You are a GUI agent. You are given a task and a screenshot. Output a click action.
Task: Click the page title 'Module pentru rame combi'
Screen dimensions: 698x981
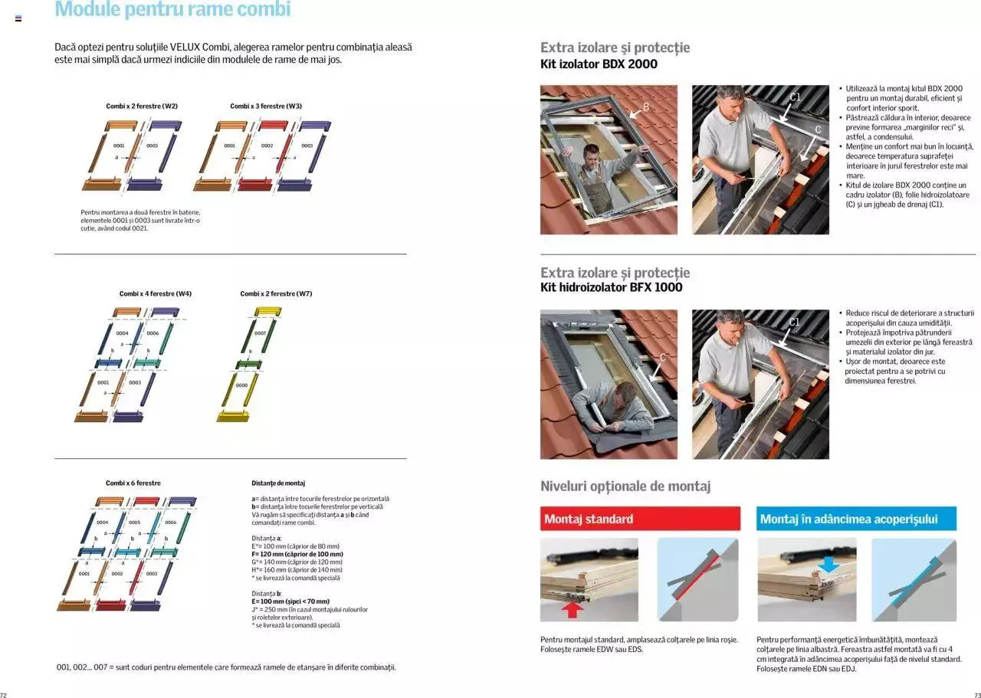point(172,10)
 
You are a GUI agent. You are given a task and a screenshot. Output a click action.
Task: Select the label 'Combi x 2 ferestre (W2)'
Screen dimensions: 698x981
point(142,106)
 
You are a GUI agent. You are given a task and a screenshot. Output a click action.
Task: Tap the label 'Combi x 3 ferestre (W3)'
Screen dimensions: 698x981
point(266,106)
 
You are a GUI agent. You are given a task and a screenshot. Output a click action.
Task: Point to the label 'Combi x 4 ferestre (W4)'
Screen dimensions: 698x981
point(156,293)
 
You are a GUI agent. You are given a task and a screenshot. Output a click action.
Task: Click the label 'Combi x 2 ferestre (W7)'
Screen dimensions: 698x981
point(276,293)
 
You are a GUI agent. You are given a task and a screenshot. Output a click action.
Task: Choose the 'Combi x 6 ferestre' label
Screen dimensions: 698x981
point(133,483)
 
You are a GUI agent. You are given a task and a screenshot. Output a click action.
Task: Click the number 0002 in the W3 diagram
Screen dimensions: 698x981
point(267,146)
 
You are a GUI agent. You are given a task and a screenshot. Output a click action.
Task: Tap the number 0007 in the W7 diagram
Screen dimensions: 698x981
point(261,333)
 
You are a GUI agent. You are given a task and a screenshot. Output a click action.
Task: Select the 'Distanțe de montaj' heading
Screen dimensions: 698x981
point(278,483)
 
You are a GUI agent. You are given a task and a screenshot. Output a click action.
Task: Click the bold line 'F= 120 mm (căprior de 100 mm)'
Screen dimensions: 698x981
point(297,554)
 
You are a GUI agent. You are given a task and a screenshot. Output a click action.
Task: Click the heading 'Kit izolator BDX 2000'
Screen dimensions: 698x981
point(599,64)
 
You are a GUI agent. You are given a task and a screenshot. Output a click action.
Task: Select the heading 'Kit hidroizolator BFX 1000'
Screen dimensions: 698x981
point(611,287)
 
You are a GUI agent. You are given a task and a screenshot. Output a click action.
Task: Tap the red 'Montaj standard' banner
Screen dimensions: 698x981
point(640,519)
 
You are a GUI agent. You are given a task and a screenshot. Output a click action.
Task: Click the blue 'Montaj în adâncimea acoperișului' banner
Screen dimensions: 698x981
point(856,519)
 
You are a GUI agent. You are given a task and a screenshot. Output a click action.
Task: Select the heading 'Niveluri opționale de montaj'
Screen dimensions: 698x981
point(625,486)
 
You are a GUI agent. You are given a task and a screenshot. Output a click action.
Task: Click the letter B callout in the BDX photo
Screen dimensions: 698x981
point(645,107)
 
